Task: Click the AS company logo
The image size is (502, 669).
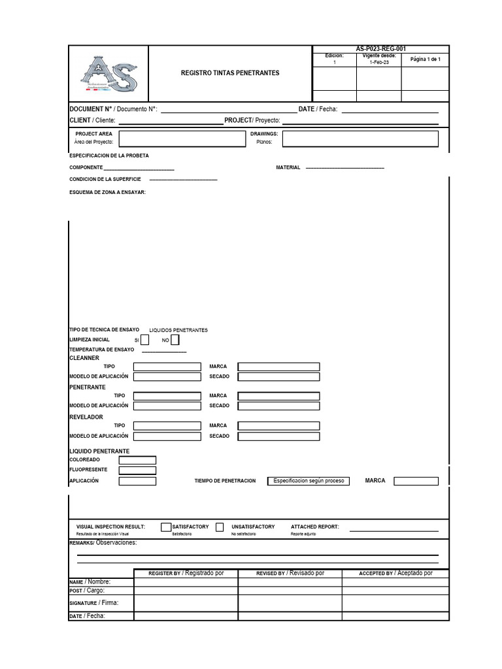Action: pos(109,74)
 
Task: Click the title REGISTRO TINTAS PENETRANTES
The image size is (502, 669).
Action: pos(230,73)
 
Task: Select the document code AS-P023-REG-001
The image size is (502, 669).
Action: pos(380,49)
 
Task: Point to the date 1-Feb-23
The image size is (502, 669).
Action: pos(378,63)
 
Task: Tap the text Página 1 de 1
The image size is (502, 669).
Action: pos(425,60)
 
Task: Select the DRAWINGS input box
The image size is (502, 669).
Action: pos(360,138)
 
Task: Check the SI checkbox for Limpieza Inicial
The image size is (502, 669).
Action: pos(145,340)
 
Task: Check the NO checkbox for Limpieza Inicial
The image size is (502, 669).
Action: pos(175,340)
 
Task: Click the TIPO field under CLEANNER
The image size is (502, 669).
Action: pos(167,367)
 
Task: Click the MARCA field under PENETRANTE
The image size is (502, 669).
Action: pos(278,396)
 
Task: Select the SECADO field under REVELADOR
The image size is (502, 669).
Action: pos(278,436)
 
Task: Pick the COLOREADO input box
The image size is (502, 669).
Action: pos(137,460)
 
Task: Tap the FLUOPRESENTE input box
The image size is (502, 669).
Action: pos(137,470)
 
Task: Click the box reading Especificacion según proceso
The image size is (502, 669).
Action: pos(308,481)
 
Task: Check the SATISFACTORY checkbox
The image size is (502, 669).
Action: pos(166,527)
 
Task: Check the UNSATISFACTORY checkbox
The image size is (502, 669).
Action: pos(220,527)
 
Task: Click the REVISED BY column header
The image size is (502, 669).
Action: pos(290,573)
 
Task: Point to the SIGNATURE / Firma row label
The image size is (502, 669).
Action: pos(94,603)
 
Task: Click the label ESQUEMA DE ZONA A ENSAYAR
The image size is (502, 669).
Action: pos(108,192)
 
